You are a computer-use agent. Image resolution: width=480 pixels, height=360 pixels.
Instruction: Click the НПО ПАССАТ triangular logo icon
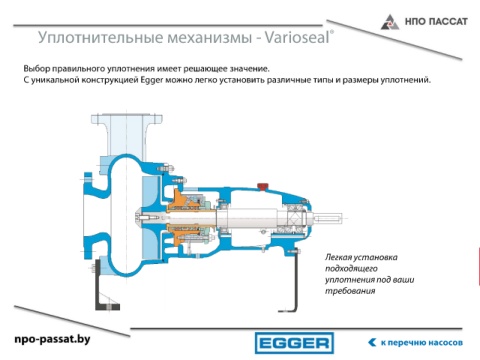[390, 22]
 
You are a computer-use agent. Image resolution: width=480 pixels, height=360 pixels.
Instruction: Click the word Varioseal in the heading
[297, 37]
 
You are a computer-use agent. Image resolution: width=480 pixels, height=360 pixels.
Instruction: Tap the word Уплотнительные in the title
[101, 37]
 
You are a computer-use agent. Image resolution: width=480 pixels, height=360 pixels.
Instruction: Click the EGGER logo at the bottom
[294, 343]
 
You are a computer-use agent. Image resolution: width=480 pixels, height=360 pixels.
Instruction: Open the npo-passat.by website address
[52, 339]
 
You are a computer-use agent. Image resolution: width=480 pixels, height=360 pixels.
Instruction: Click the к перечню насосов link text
[422, 343]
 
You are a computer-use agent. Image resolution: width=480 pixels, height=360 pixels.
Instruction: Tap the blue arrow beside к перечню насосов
[372, 342]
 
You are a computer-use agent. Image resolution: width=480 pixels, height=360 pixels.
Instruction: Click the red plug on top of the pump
[263, 186]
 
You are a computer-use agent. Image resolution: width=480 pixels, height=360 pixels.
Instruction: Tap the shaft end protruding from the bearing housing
[328, 218]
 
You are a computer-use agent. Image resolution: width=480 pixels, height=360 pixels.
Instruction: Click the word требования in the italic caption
[350, 291]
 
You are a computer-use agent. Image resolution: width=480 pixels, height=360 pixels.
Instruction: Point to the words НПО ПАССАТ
[436, 22]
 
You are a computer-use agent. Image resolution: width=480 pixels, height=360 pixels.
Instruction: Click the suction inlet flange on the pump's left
[87, 216]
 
